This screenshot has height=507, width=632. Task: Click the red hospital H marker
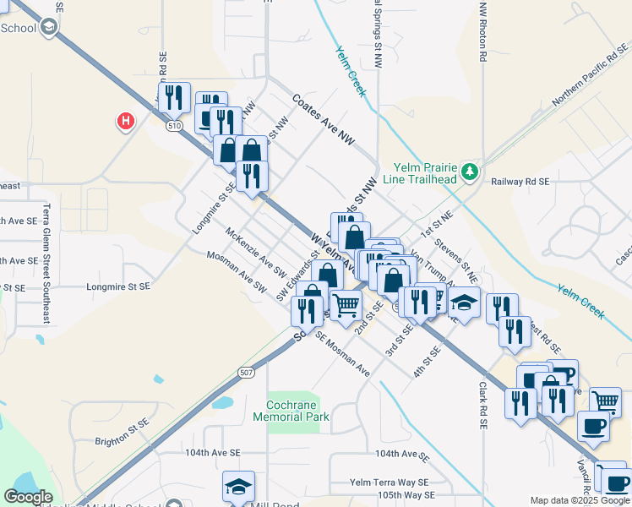pos(125,122)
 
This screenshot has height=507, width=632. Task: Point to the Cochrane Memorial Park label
pos(291,411)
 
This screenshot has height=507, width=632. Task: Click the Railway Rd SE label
pos(520,181)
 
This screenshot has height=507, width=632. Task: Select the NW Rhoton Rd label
pos(483,34)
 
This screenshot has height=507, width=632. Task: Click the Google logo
pos(27,497)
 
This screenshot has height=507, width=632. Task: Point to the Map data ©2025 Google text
pos(579,500)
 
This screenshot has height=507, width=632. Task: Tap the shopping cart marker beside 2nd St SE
pos(346,305)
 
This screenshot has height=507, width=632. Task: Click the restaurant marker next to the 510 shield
pos(174,97)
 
